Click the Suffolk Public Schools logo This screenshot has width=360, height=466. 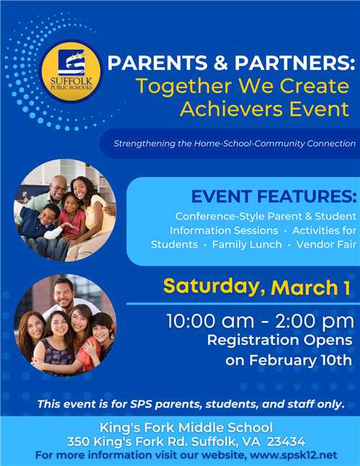pyautogui.click(x=71, y=71)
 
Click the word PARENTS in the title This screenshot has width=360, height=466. pyautogui.click(x=158, y=63)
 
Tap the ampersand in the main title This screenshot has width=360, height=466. pyautogui.click(x=221, y=63)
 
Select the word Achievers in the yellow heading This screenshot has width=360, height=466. pyautogui.click(x=232, y=109)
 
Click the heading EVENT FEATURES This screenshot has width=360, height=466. pyautogui.click(x=274, y=197)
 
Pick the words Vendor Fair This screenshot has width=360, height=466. pyautogui.click(x=326, y=244)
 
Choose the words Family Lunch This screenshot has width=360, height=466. pyautogui.click(x=247, y=245)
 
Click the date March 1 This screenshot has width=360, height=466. pyautogui.click(x=310, y=287)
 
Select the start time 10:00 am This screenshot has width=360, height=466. pyautogui.click(x=210, y=321)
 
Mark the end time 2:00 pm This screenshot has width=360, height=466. pyautogui.click(x=315, y=321)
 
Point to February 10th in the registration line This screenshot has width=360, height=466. pyautogui.click(x=300, y=360)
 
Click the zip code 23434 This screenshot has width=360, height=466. pyautogui.click(x=286, y=442)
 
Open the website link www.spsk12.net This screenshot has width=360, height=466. pyautogui.click(x=294, y=455)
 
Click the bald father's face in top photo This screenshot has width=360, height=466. pyautogui.click(x=58, y=188)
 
